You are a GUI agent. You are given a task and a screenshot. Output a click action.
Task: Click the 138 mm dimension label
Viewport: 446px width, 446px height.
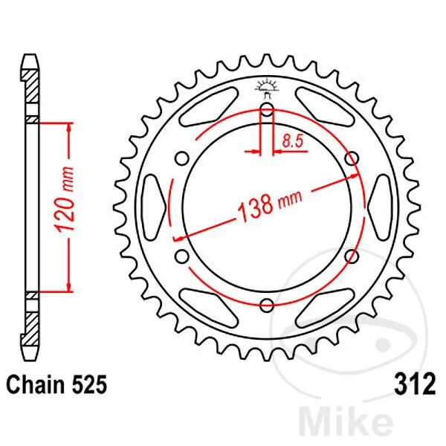click(x=269, y=204)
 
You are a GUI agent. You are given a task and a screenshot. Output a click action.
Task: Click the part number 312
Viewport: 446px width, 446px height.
click(x=415, y=384)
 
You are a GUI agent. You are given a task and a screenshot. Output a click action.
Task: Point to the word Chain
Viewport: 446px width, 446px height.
click(x=36, y=384)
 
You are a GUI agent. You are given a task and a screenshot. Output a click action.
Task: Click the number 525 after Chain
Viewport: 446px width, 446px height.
click(x=88, y=384)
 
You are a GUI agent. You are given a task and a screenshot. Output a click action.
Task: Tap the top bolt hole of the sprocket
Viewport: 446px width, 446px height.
click(x=267, y=109)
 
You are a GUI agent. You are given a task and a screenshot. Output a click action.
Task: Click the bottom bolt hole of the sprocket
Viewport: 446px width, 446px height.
click(x=267, y=306)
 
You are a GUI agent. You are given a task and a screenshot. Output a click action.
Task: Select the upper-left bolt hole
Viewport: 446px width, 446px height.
click(x=182, y=158)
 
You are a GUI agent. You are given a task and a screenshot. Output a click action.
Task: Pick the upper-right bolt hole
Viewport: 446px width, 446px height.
click(x=352, y=158)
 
